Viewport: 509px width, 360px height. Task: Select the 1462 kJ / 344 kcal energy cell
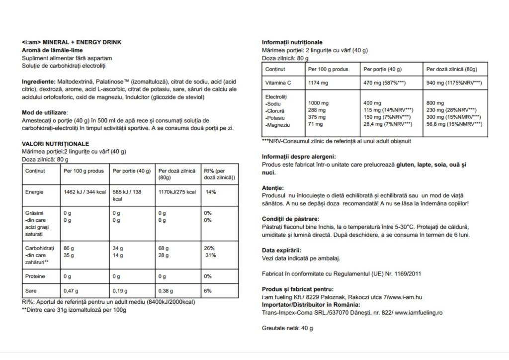pyautogui.click(x=84, y=192)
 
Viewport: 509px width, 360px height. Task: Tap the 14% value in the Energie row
pyautogui.click(x=211, y=192)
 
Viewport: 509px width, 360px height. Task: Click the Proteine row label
pyautogui.click(x=35, y=276)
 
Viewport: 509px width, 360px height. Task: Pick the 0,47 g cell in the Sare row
pyautogui.click(x=72, y=291)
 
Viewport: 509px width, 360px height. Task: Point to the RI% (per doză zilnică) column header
pyautogui.click(x=219, y=174)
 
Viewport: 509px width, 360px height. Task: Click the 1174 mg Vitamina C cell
pyautogui.click(x=319, y=83)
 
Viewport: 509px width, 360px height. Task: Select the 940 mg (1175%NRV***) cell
pyautogui.click(x=454, y=83)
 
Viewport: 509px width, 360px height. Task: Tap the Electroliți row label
pyautogui.click(x=277, y=96)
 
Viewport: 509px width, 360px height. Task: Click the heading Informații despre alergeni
pyautogui.click(x=299, y=157)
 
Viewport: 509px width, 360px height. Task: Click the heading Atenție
pyautogui.click(x=273, y=188)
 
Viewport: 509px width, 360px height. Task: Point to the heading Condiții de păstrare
pyautogui.click(x=290, y=219)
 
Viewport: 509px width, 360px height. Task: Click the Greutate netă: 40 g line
pyautogui.click(x=287, y=328)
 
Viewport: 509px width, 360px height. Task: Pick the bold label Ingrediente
pyautogui.click(x=38, y=81)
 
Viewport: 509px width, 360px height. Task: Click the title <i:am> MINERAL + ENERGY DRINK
pyautogui.click(x=72, y=42)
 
